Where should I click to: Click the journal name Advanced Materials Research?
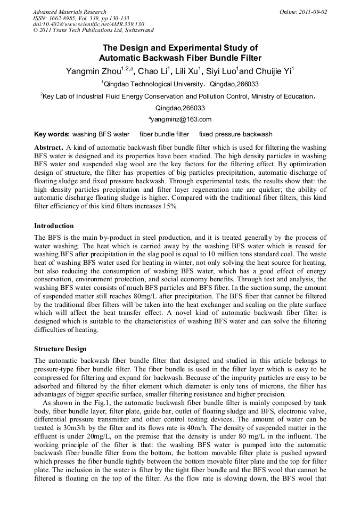point(69,12)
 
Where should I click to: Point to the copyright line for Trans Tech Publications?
point(93,30)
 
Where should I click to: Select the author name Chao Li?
point(153,71)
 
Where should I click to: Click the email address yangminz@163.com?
point(180,119)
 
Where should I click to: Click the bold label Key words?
point(52,135)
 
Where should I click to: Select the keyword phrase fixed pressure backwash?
point(235,135)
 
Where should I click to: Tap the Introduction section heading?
point(54,226)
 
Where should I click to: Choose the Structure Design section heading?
point(60,350)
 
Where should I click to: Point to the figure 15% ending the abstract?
point(170,207)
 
